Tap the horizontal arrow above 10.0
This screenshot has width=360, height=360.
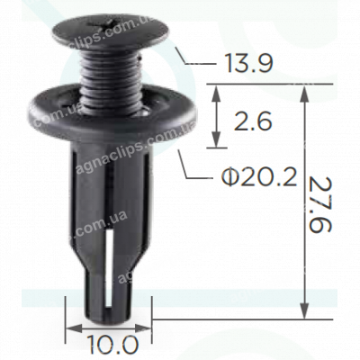110,326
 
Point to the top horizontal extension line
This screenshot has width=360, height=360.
270,86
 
